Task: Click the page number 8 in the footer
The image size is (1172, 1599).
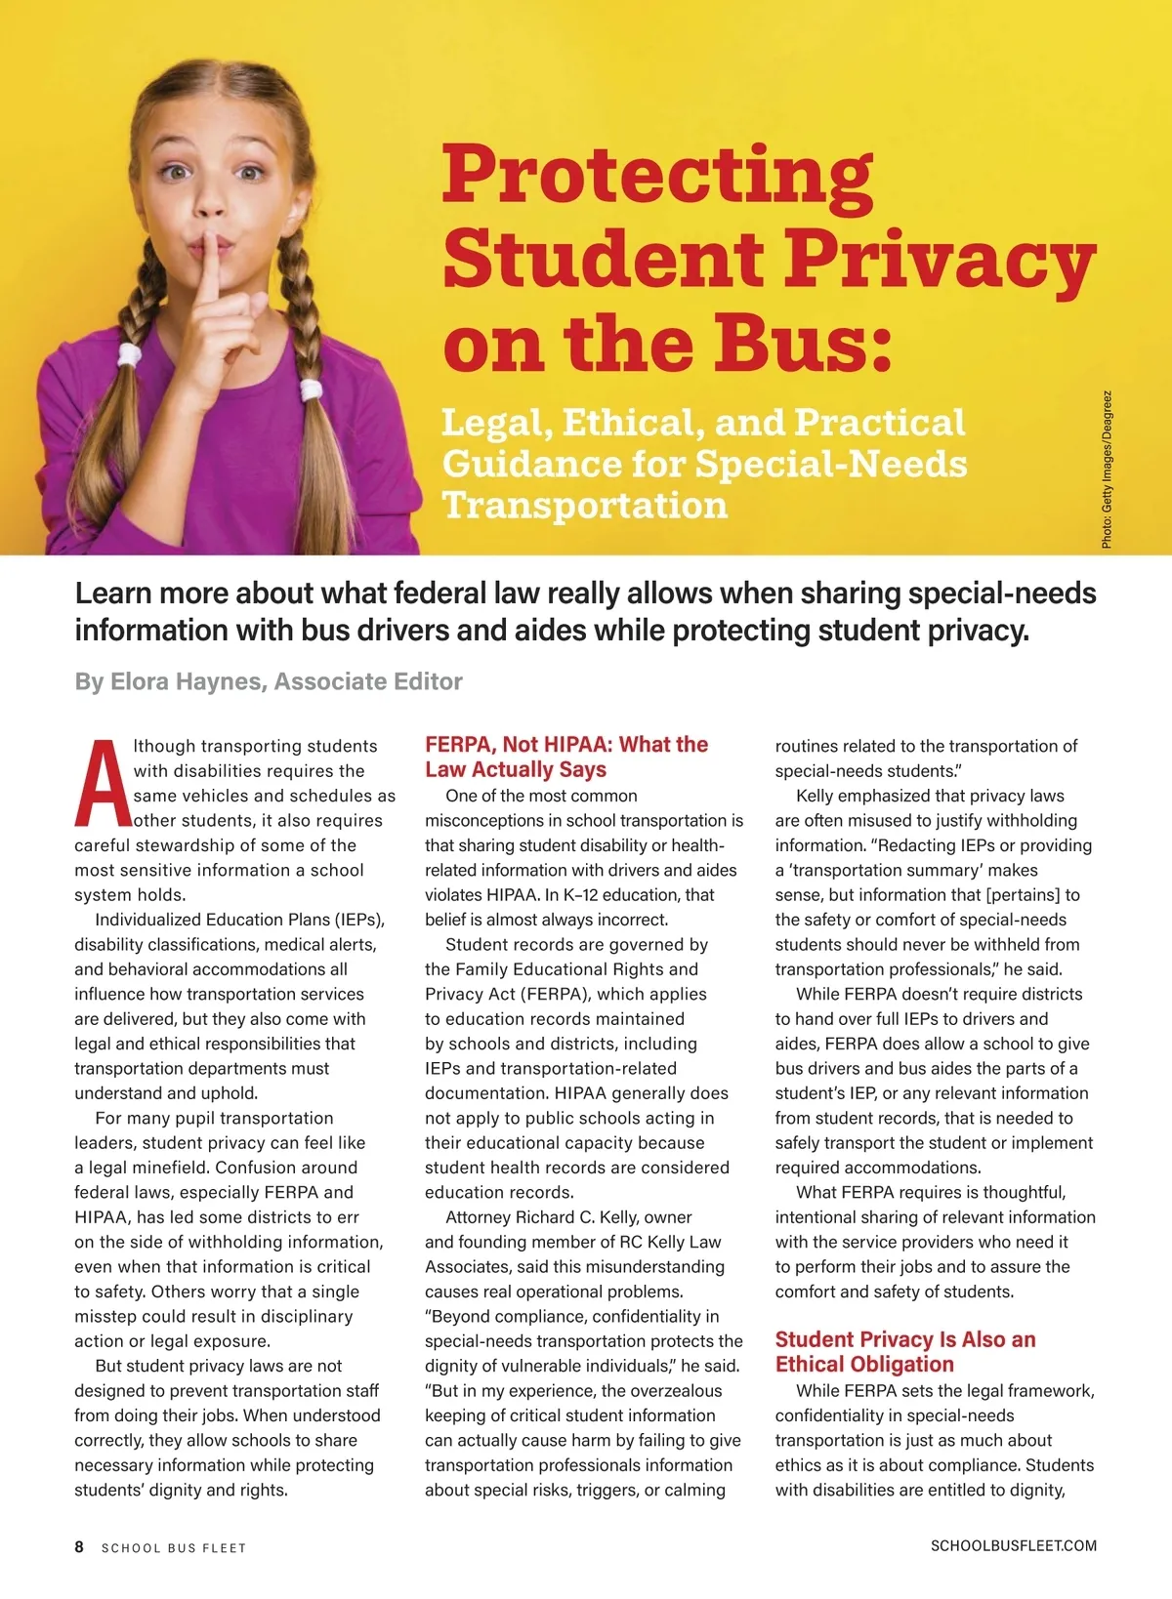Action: coord(79,1546)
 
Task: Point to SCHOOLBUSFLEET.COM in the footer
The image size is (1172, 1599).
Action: coord(1013,1545)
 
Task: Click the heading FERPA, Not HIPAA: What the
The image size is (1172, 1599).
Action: coord(566,745)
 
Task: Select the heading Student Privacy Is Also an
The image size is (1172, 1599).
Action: coord(905,1339)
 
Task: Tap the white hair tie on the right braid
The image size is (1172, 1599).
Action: coord(311,390)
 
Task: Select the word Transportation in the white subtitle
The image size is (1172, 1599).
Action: coord(585,506)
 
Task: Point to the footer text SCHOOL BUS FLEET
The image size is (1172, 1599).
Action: coord(174,1548)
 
